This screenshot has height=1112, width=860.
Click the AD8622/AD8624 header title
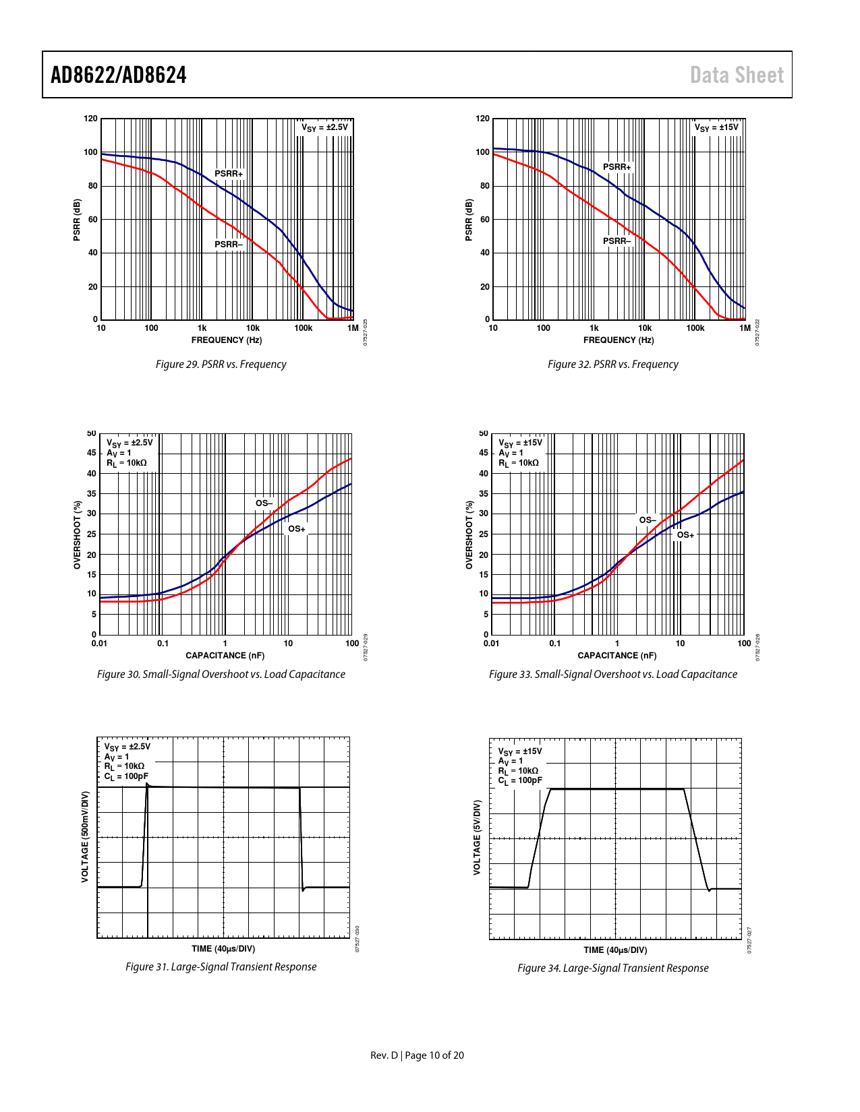pos(119,75)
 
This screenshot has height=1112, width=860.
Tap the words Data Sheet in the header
pos(737,75)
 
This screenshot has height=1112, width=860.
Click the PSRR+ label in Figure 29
pos(229,174)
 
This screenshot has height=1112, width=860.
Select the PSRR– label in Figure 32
pos(617,241)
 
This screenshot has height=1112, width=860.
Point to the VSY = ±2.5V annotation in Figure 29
pos(324,127)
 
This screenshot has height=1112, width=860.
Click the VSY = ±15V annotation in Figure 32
pos(716,127)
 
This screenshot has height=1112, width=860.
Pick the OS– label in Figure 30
pos(263,503)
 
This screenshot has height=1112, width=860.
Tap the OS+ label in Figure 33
pos(685,535)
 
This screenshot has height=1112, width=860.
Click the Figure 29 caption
pos(221,365)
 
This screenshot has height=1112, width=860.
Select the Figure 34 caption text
pos(612,968)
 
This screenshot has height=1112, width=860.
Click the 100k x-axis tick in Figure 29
pos(303,328)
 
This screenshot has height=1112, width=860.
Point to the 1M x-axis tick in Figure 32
pos(745,328)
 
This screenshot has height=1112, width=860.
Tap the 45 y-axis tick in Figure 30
pos(91,453)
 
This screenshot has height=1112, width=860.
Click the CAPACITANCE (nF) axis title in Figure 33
pos(617,656)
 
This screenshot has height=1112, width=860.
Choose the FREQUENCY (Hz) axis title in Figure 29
pos(227,340)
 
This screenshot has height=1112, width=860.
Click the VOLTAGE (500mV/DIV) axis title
pos(85,837)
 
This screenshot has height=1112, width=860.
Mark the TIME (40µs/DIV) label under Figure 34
pos(615,950)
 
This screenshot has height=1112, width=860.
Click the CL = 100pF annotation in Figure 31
pos(126,776)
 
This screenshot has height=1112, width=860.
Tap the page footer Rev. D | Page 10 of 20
pos(417,1055)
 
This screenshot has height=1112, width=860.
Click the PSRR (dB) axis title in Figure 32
pos(469,220)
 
